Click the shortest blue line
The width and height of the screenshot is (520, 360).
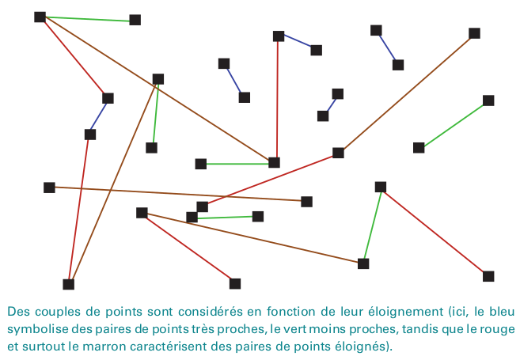330,105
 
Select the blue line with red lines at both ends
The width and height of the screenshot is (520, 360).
99,116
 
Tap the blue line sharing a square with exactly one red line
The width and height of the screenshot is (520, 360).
297,43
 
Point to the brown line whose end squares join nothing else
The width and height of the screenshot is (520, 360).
178,195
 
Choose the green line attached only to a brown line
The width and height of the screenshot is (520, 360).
154,113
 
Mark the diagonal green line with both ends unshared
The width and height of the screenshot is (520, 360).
454,124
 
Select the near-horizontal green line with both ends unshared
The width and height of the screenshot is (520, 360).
225,216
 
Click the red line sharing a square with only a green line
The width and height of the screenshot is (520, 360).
434,231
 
